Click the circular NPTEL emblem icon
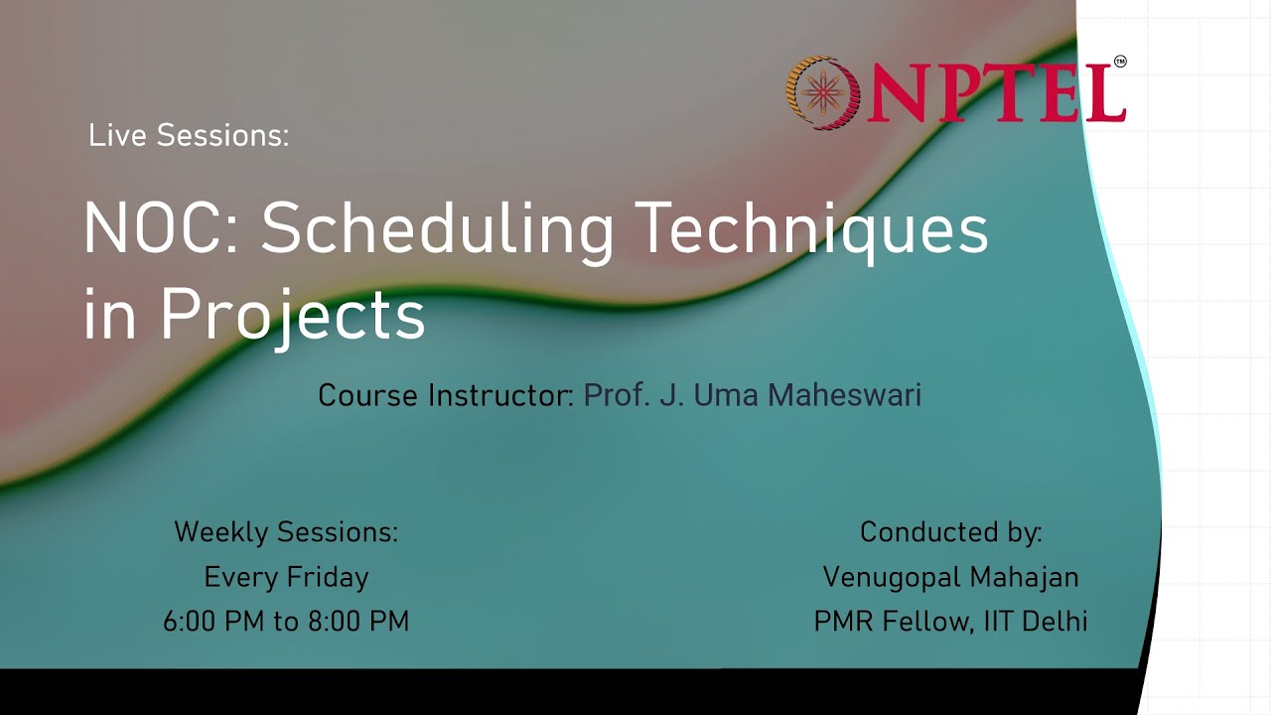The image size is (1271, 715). coord(821,92)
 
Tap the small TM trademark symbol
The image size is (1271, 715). coord(1120,62)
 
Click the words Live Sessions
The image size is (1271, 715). coord(189,135)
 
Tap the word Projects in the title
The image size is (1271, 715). coord(293,314)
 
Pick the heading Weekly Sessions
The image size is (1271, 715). coord(286,532)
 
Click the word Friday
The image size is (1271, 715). coord(328,577)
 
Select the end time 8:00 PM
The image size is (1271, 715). coord(358,622)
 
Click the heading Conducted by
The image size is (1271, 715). coord(950,532)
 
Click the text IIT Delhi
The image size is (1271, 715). coord(1036,622)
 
